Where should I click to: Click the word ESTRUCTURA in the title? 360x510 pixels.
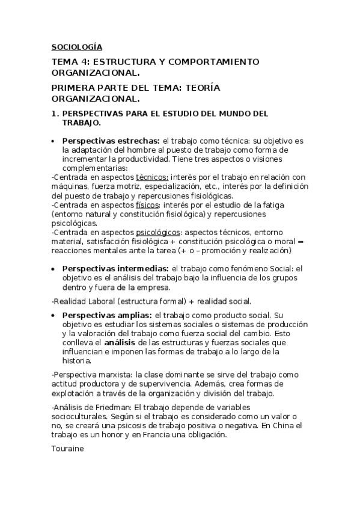117,61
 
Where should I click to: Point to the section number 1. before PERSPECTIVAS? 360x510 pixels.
54,112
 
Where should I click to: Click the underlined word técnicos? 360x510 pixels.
152,177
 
